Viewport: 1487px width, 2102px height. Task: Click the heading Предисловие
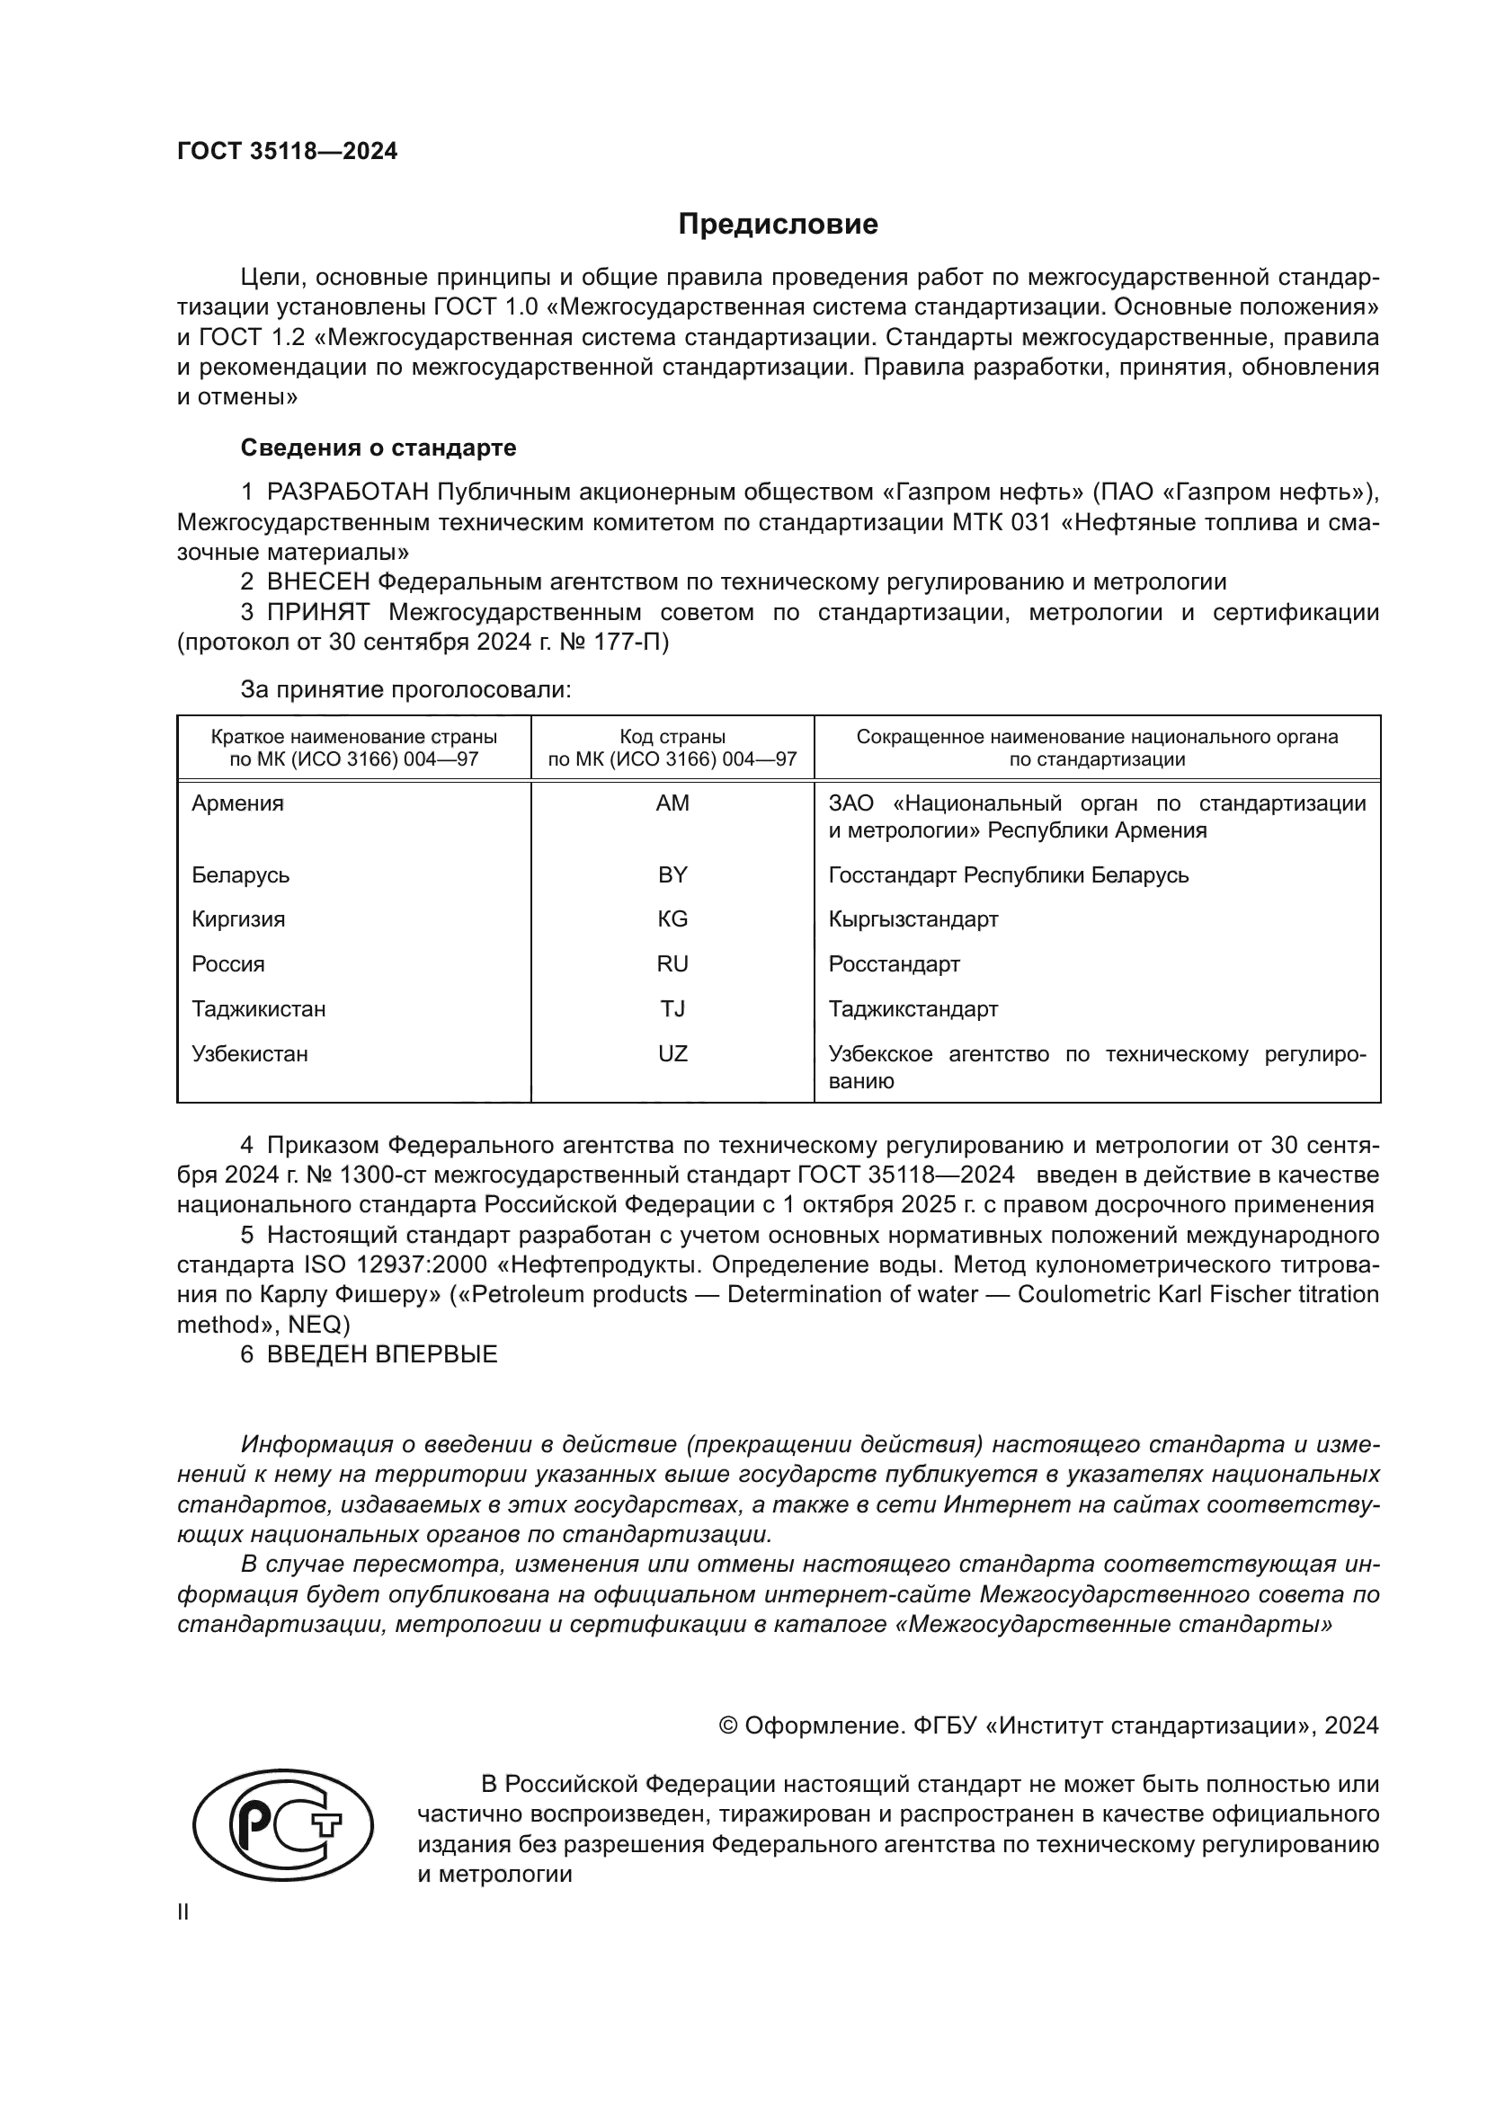coord(778,225)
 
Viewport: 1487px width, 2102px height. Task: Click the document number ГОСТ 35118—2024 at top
coord(288,152)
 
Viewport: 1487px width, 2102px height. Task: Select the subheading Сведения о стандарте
coord(378,448)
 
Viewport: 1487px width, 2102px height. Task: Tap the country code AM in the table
coord(672,803)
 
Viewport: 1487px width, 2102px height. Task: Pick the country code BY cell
coord(672,875)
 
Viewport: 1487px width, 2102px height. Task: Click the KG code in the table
coord(672,919)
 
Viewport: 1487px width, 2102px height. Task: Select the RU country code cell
coord(672,964)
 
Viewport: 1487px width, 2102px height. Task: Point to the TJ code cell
coord(672,1009)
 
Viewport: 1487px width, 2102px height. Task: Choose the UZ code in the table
coord(672,1054)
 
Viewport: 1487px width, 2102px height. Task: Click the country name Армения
coord(237,803)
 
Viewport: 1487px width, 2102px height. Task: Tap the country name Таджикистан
coord(258,1009)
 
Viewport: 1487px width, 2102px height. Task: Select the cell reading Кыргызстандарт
coord(913,919)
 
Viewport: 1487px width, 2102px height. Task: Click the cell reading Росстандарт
coord(894,964)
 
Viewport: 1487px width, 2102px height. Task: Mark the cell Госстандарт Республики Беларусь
coord(1008,875)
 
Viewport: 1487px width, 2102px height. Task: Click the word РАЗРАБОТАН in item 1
coord(348,492)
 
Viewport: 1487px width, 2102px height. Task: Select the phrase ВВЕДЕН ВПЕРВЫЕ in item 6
coord(382,1355)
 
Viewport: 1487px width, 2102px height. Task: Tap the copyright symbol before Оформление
coord(728,1725)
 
